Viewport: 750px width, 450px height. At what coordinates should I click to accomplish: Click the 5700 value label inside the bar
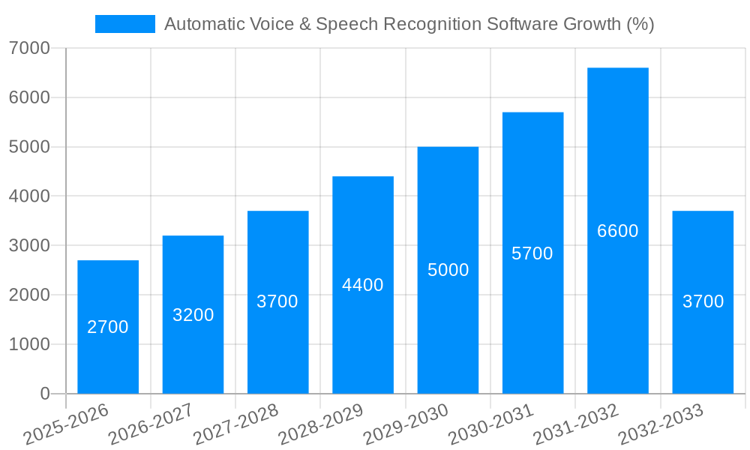pos(532,253)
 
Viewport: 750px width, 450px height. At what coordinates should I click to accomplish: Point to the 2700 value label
pos(108,327)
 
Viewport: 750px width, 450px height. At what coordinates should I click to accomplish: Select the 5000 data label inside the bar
pos(448,270)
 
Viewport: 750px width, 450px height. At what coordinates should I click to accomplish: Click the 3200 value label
pos(193,315)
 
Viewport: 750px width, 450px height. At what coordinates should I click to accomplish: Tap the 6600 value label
pos(618,231)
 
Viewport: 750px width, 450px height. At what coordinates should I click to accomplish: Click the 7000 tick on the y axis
pos(30,49)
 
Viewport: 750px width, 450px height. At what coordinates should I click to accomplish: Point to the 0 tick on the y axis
pos(44,394)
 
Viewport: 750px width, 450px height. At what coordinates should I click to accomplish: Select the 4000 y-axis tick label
pos(30,196)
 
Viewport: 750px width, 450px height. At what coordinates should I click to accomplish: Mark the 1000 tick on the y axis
pos(30,344)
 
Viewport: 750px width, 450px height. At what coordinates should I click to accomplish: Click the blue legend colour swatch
pos(124,24)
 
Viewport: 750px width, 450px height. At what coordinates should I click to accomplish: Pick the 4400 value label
pos(363,285)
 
